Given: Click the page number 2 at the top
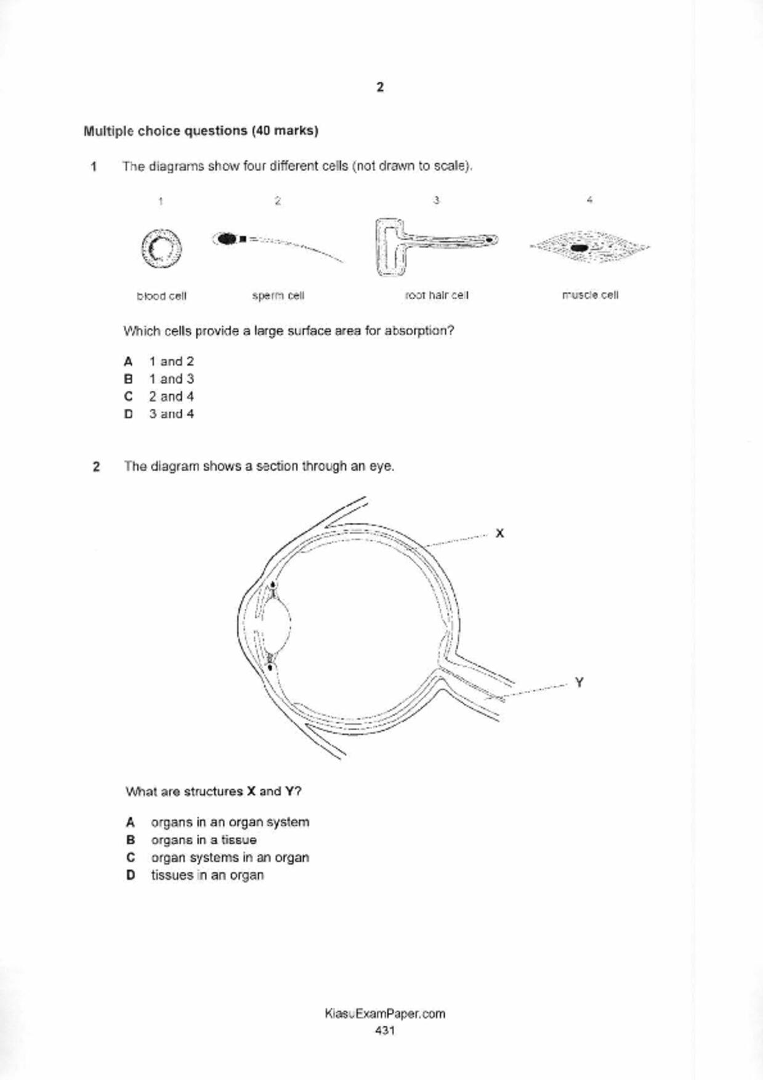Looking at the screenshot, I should click(380, 87).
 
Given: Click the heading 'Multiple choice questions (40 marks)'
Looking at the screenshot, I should click(201, 131).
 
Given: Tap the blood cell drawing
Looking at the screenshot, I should click(161, 249).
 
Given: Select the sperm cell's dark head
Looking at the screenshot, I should click(227, 238).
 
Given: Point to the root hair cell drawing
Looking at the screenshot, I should click(431, 244).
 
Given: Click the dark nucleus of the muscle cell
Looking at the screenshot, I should click(579, 248).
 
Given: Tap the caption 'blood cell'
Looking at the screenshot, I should click(161, 296).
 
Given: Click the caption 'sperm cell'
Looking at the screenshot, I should click(278, 296).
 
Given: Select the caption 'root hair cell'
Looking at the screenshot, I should click(437, 296).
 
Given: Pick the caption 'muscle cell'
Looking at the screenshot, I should click(590, 295).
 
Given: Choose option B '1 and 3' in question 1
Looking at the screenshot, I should click(171, 379).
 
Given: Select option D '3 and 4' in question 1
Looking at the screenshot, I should click(171, 414).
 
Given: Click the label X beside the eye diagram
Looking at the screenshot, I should click(499, 533).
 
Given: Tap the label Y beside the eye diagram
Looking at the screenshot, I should click(579, 682).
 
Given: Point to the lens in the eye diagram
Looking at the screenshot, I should click(277, 626).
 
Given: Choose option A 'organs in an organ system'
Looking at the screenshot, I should click(229, 823).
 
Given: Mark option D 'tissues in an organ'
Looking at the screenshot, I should click(207, 876).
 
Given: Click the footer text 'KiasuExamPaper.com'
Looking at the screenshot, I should click(384, 1014).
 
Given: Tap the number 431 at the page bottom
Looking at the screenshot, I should click(384, 1030).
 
